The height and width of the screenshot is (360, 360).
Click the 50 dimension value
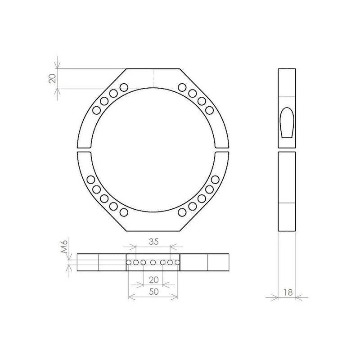[153, 291]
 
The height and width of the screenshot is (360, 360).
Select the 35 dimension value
[153, 242]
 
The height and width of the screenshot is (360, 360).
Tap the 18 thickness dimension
[288, 292]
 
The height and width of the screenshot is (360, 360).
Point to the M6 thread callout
[64, 246]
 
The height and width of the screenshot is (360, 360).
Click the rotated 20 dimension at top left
[52, 78]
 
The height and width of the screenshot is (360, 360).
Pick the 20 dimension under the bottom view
[153, 279]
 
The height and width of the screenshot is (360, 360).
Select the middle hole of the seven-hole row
[153, 262]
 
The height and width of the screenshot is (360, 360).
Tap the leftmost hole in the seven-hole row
[129, 262]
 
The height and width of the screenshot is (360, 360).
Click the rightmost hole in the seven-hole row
[177, 262]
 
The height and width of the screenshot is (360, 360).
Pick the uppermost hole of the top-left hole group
[124, 86]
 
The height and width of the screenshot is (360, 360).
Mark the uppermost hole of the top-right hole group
[182, 86]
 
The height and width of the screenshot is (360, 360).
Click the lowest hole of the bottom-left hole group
[124, 211]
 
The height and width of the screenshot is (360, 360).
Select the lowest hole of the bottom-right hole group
[182, 211]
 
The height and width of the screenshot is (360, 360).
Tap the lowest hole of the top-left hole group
[96, 110]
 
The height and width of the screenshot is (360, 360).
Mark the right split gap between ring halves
[221, 150]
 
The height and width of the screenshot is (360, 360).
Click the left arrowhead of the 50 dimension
[130, 297]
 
